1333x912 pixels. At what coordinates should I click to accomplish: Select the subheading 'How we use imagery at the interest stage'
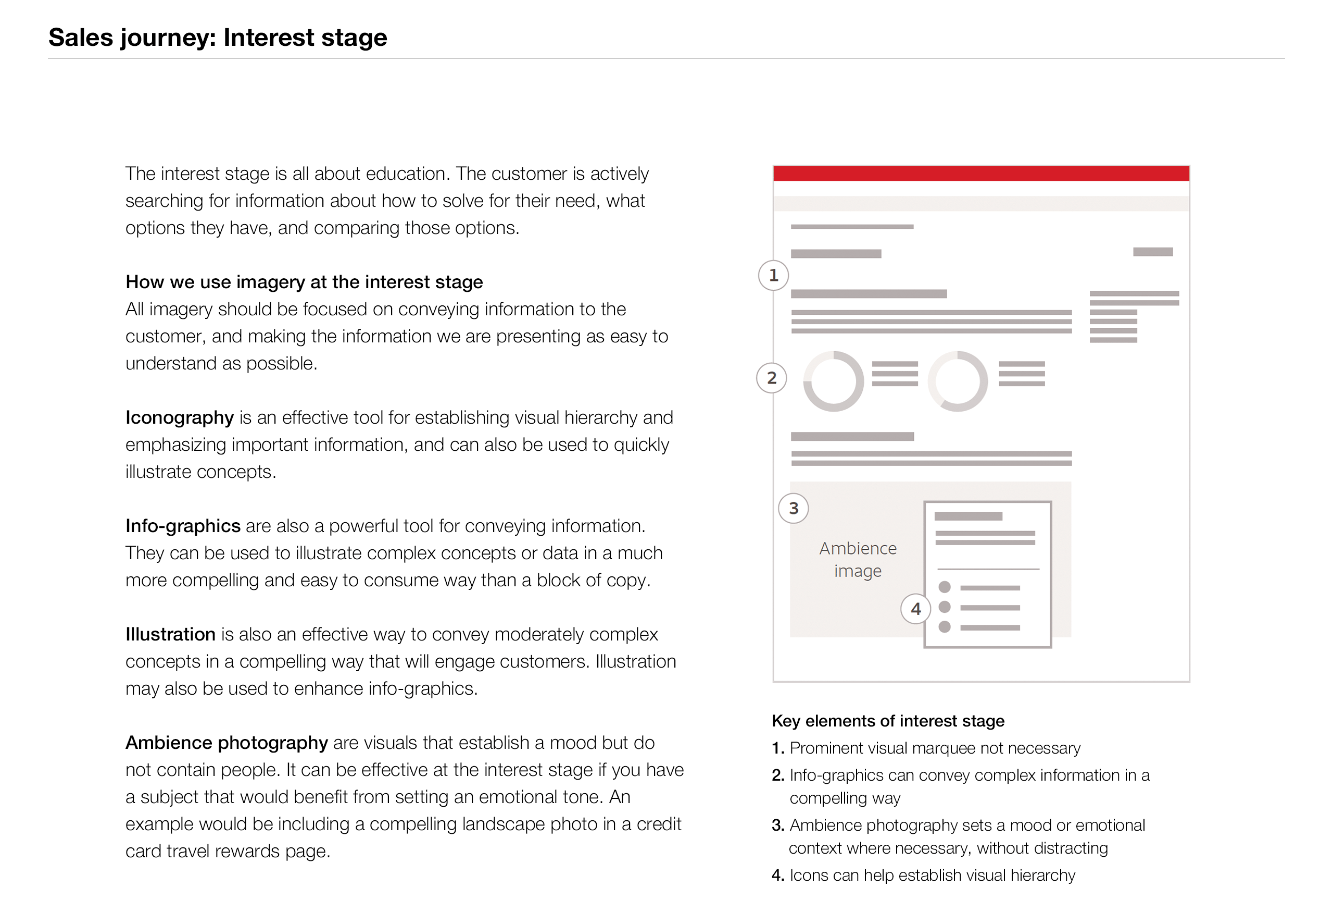tap(304, 282)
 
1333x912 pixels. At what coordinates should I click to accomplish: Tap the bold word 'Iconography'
tap(180, 417)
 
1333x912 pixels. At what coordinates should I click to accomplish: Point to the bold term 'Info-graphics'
tap(183, 526)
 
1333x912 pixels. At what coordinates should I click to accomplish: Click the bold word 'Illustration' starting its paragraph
tap(170, 634)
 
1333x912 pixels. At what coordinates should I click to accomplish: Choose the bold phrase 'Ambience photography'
tap(227, 743)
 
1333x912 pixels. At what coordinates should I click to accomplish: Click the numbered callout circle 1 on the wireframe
tap(773, 276)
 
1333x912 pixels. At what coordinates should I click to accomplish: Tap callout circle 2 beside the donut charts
tap(772, 378)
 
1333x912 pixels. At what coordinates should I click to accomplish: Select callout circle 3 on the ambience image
tap(793, 509)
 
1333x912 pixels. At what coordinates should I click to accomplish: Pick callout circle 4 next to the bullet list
tap(915, 609)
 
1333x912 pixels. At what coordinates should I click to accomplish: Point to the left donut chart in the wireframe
tap(834, 381)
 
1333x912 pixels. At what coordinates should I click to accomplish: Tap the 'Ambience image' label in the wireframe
tap(858, 560)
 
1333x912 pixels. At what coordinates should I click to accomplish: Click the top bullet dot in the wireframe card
tap(944, 587)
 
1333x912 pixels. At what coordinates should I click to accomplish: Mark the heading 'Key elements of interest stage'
tap(888, 721)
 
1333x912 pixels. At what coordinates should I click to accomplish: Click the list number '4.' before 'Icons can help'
tap(778, 876)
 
